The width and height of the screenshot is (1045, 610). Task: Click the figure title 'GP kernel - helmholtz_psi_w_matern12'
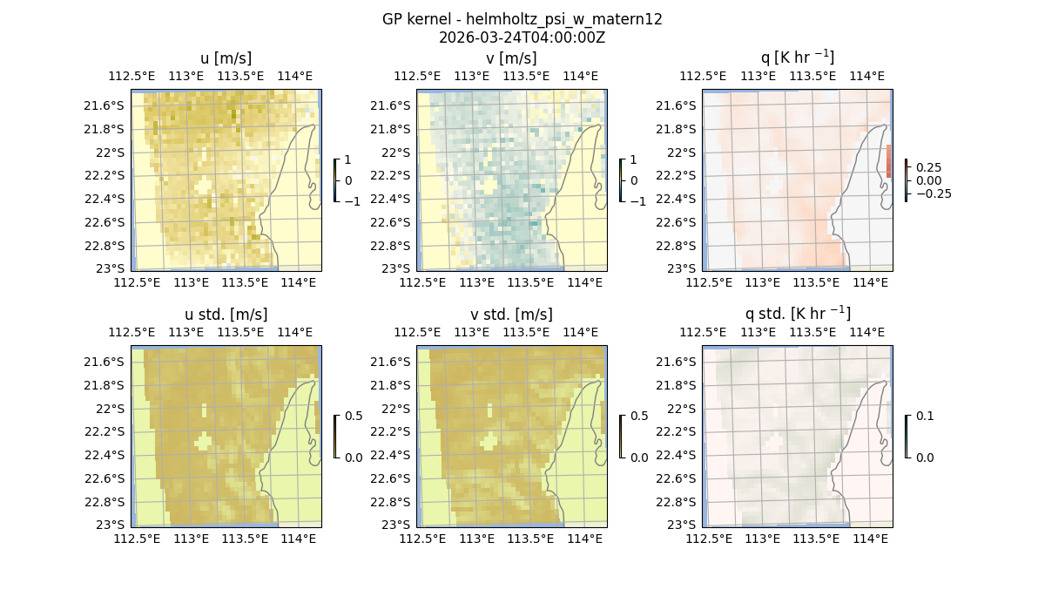click(522, 19)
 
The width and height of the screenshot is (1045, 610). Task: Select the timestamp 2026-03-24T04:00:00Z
click(522, 37)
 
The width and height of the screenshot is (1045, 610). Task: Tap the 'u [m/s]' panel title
click(226, 58)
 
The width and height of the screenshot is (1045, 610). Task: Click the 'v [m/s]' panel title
click(511, 58)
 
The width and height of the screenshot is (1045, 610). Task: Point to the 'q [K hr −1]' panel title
click(797, 58)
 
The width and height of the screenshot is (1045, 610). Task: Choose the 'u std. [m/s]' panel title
click(226, 315)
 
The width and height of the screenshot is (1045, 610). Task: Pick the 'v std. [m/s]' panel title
click(511, 315)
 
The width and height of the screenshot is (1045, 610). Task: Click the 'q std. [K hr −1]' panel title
click(797, 314)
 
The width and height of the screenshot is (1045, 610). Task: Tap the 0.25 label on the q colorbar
click(929, 167)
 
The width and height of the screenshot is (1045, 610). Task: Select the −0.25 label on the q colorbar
click(933, 193)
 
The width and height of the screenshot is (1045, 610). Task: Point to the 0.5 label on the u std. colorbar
click(354, 417)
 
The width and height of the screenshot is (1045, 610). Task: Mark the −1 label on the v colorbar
click(638, 201)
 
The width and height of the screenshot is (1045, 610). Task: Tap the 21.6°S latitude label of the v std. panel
click(390, 362)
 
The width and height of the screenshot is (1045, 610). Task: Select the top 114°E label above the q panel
click(869, 76)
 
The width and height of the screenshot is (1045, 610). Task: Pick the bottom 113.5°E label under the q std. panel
click(816, 539)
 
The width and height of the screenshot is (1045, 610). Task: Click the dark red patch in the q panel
click(889, 161)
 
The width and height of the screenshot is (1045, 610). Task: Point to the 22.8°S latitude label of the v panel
click(390, 246)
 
